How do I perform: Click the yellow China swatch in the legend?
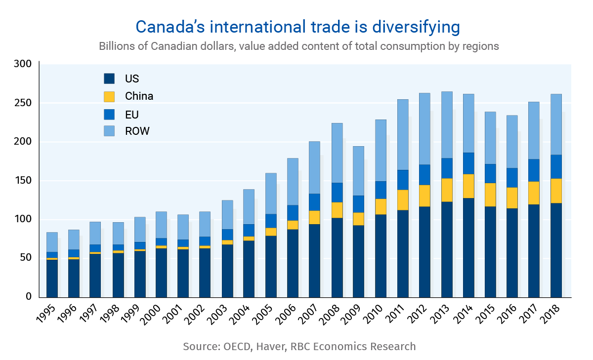[109, 96]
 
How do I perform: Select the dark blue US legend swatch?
[109, 79]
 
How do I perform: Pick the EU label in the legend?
[132, 114]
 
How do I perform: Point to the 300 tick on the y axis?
[23, 64]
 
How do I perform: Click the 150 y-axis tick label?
[23, 181]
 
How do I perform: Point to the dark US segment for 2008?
[338, 257]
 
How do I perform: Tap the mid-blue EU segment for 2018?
[556, 166]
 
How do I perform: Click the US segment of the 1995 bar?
[52, 279]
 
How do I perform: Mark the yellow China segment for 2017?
[534, 193]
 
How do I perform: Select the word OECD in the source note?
[237, 346]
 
